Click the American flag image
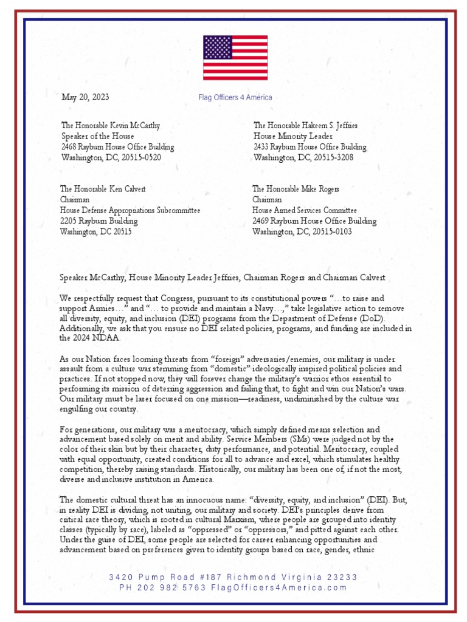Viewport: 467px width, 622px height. pyautogui.click(x=235, y=58)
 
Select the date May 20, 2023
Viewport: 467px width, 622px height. pyautogui.click(x=85, y=97)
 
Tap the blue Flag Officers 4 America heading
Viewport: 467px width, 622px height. pyautogui.click(x=235, y=97)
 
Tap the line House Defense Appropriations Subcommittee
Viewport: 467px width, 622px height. pyautogui.click(x=130, y=210)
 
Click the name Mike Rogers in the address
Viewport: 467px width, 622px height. pyautogui.click(x=319, y=189)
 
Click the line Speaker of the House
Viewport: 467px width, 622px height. pyautogui.click(x=97, y=136)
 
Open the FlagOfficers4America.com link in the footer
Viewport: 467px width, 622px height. pyautogui.click(x=279, y=587)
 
